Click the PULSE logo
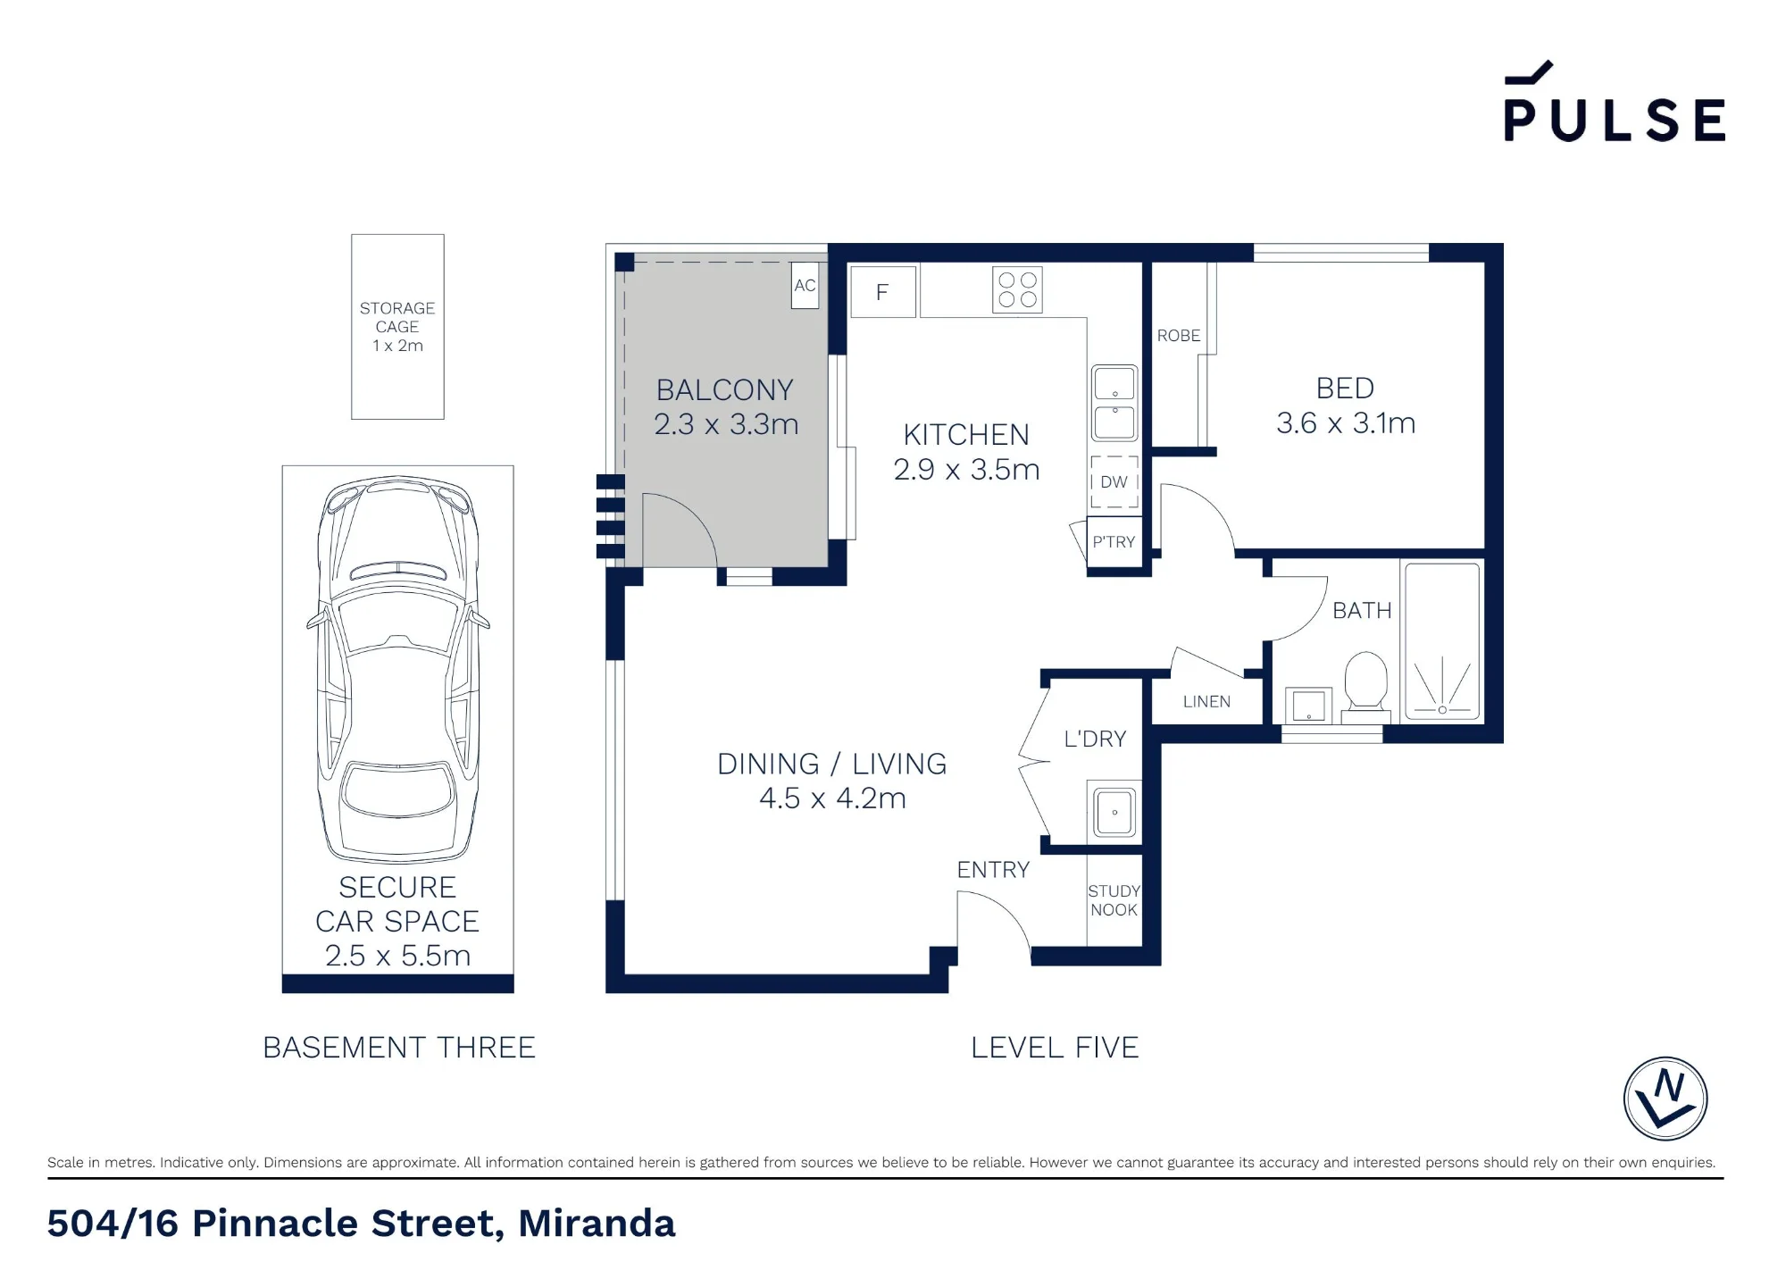(1615, 102)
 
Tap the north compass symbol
(1665, 1099)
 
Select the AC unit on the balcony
(805, 285)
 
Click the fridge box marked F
(883, 292)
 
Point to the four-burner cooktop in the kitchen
(1017, 290)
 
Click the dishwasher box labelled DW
(1114, 482)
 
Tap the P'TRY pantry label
(1114, 542)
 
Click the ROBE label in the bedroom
(1179, 336)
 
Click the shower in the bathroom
(1442, 641)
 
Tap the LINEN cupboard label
(1206, 702)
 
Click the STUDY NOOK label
(1114, 900)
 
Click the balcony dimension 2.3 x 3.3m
(726, 424)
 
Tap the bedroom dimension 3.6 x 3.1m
(1346, 423)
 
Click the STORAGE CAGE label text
(397, 317)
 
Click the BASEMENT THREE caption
(399, 1048)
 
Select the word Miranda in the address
(597, 1224)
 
